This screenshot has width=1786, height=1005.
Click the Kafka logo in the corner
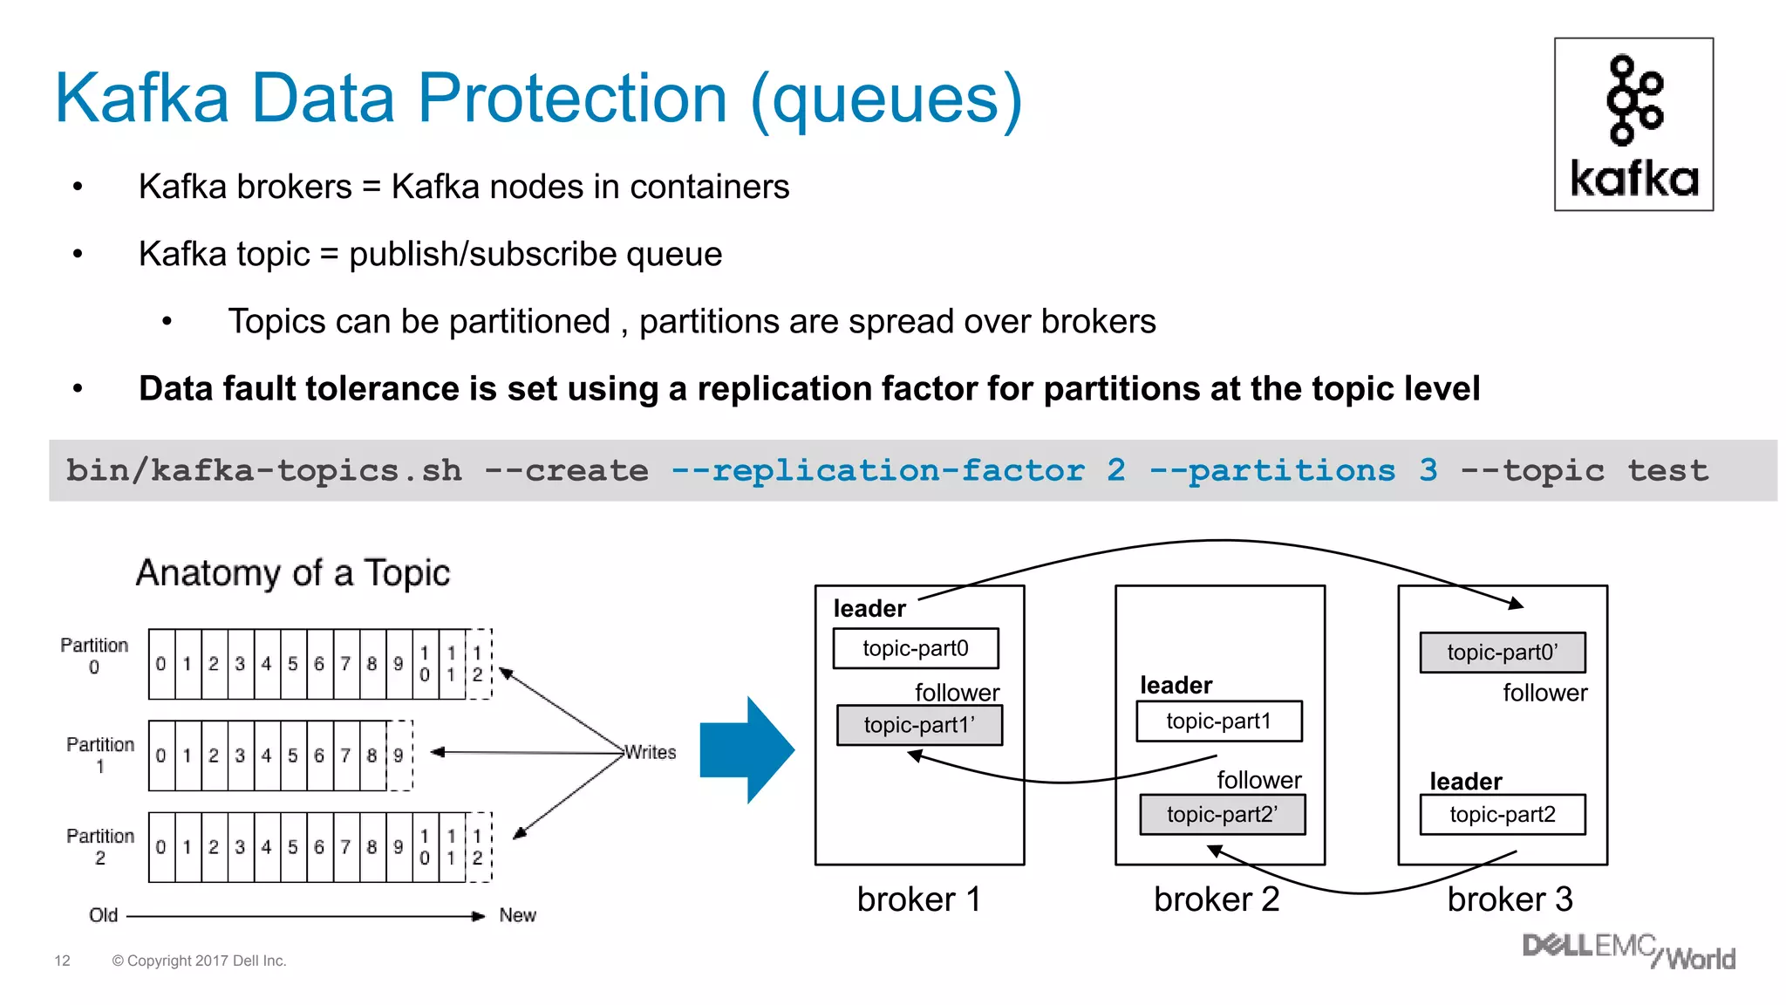pos(1633,124)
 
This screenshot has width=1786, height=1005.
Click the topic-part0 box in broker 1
pos(915,648)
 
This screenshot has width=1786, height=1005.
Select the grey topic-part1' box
pos(919,725)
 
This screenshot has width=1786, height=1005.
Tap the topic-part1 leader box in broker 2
pos(1218,721)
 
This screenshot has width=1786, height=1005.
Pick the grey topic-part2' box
pos(1222,814)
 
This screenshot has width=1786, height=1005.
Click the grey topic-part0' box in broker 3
pos(1502,653)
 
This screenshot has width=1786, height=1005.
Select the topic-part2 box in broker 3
pos(1502,814)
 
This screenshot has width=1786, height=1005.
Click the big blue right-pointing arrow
pos(746,749)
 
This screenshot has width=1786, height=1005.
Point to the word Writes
pos(651,752)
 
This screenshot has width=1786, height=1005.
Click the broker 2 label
pos(1216,899)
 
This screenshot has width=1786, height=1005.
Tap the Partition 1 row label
pos(100,755)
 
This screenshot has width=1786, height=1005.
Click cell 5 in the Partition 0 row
pos(293,664)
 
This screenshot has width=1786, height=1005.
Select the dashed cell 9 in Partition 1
pos(399,755)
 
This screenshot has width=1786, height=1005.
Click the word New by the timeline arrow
pos(517,915)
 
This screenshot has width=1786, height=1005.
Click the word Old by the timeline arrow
pos(103,915)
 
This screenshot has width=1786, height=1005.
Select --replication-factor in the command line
pos(877,471)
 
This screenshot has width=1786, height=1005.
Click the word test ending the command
pos(1667,471)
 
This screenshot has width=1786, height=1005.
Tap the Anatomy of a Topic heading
pos(293,573)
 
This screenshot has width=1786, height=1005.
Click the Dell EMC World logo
pos(1627,951)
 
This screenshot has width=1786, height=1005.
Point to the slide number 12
pos(62,961)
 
